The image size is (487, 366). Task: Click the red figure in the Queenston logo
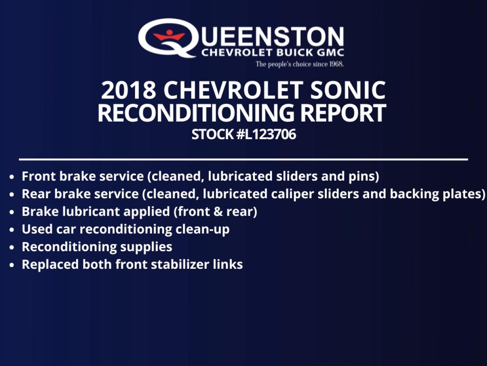click(x=169, y=37)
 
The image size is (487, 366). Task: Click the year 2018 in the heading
click(x=129, y=90)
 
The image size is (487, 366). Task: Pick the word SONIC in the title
click(x=348, y=90)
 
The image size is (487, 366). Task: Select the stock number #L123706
click(x=266, y=135)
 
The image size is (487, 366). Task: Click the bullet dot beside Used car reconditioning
click(x=13, y=230)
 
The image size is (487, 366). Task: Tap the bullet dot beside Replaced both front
click(x=13, y=265)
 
